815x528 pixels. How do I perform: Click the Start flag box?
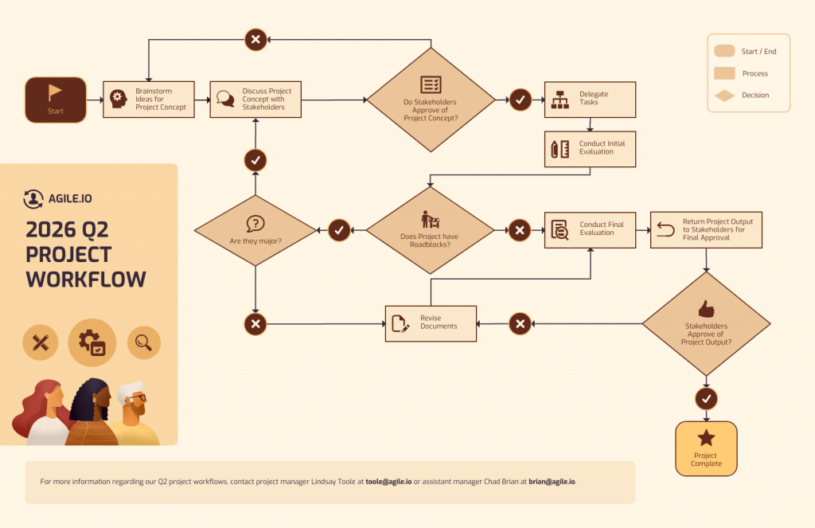tap(55, 100)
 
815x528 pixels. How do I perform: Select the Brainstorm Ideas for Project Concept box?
tap(149, 100)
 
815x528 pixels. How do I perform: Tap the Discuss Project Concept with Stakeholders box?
tap(255, 100)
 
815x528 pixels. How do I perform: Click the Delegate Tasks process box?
tap(590, 100)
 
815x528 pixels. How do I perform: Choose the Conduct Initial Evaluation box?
tap(590, 148)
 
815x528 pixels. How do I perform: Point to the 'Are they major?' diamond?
tap(255, 230)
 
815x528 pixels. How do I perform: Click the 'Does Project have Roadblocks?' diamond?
tap(429, 230)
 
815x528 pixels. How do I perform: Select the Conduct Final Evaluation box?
tap(590, 230)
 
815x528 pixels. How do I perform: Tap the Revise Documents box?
tap(431, 323)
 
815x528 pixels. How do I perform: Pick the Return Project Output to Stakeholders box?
tap(706, 230)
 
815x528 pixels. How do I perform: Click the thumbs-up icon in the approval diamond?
tap(706, 308)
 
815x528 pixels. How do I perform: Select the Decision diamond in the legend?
tap(724, 96)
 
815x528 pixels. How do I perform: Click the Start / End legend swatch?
tap(724, 52)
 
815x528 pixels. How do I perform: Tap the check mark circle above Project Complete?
tap(706, 398)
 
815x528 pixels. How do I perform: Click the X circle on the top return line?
tap(255, 39)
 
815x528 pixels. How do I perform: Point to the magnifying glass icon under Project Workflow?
tap(144, 342)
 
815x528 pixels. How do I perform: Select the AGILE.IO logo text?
tap(68, 199)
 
